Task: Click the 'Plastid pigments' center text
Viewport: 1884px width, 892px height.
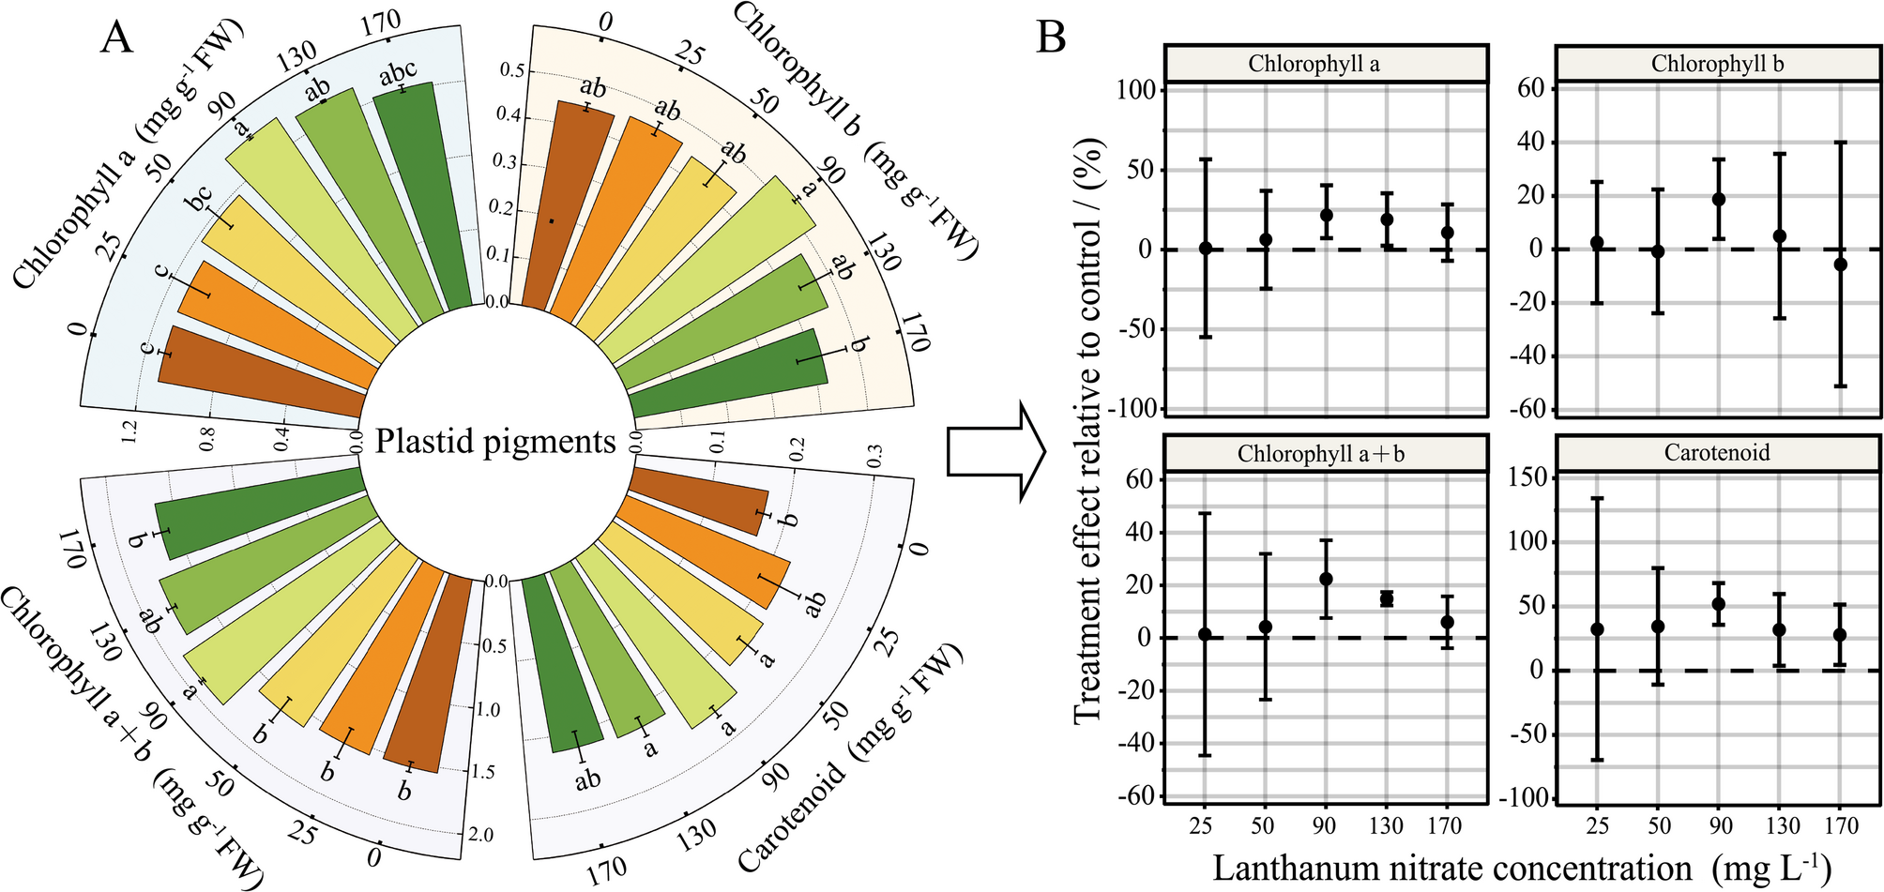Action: point(495,441)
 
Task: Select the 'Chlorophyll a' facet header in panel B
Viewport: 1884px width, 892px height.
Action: point(1326,64)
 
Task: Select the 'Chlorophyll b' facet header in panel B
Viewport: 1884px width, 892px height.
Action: point(1717,64)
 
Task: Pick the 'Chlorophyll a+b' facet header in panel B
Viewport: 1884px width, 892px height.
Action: point(1326,454)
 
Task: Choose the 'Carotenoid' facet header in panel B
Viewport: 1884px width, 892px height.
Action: point(1717,453)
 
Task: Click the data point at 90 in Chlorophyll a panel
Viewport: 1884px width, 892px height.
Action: point(1326,215)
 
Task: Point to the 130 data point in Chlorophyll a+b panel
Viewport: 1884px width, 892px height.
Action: point(1387,598)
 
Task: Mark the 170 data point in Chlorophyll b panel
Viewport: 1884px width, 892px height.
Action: point(1840,265)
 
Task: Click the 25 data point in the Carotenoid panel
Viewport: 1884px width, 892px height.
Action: point(1597,629)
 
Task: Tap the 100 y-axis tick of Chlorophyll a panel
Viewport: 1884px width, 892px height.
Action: point(1138,90)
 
